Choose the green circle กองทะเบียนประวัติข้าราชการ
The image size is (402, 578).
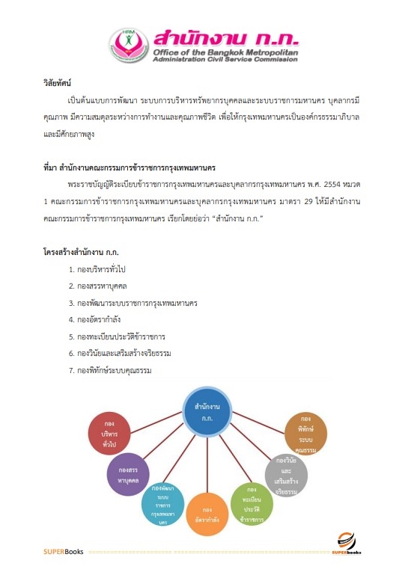tap(251, 502)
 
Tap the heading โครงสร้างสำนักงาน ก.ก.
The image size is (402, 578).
tap(82, 252)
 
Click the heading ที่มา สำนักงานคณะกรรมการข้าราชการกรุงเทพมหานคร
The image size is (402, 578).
tap(124, 167)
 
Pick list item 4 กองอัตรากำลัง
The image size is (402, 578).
tap(99, 319)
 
